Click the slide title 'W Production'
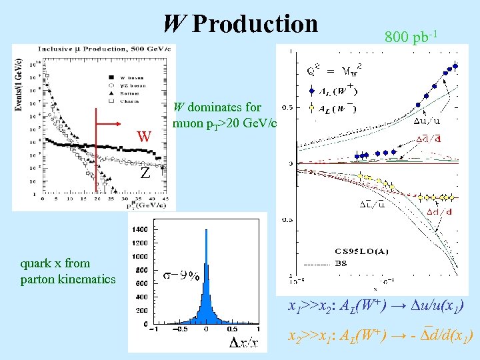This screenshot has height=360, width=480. coord(241,24)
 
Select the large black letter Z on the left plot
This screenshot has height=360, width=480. coord(144,173)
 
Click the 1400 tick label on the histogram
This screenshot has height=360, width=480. coord(140,229)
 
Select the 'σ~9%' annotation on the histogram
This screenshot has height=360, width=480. coord(181,275)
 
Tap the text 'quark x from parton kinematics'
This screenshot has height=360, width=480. coord(68,271)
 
